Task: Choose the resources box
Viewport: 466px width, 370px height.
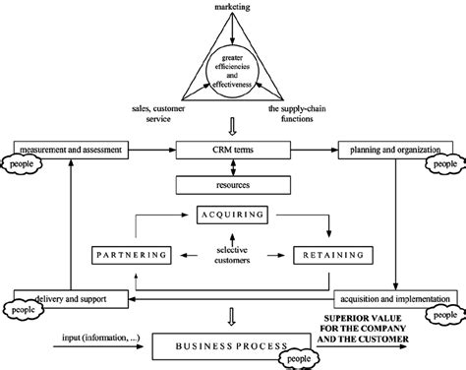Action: coord(233,183)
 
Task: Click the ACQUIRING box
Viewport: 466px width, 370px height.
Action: coord(233,212)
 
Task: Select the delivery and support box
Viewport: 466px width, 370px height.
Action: coord(71,296)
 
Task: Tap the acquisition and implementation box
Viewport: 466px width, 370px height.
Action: coord(390,296)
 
